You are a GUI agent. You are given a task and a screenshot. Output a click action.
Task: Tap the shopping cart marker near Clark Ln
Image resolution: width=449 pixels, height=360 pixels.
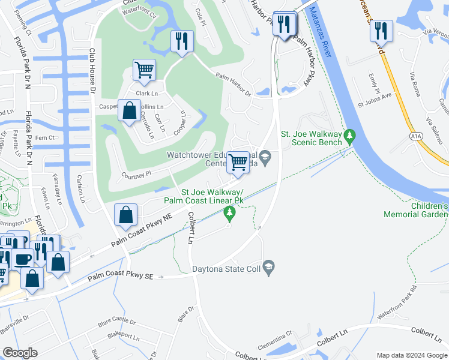pyautogui.click(x=144, y=70)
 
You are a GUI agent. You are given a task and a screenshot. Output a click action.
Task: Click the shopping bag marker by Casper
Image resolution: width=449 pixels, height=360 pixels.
pyautogui.click(x=129, y=111)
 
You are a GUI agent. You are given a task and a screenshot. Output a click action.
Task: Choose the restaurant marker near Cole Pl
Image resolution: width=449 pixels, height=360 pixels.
pyautogui.click(x=181, y=41)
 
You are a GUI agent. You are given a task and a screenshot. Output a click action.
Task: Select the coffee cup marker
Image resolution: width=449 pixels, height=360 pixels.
pyautogui.click(x=23, y=259)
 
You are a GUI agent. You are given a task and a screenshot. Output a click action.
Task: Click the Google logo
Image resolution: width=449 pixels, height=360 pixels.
pyautogui.click(x=20, y=352)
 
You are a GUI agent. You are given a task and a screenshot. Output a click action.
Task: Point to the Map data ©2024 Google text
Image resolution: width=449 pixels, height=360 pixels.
pyautogui.click(x=411, y=355)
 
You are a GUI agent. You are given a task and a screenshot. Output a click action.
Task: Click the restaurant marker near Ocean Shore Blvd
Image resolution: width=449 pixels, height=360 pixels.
pyautogui.click(x=381, y=31)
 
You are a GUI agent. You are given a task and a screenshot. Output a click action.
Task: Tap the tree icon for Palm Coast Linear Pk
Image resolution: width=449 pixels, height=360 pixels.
pyautogui.click(x=229, y=212)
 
